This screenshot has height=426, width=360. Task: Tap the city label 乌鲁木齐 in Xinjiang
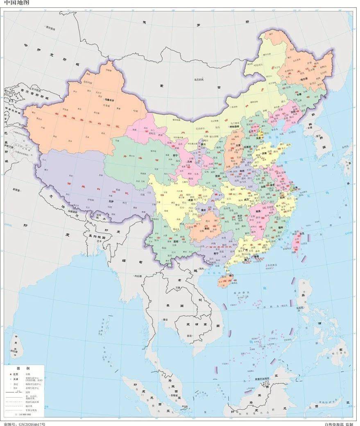111,100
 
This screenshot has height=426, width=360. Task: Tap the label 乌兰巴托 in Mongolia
199,79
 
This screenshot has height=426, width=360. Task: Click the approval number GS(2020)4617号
24,423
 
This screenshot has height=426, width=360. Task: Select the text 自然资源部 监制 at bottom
338,423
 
